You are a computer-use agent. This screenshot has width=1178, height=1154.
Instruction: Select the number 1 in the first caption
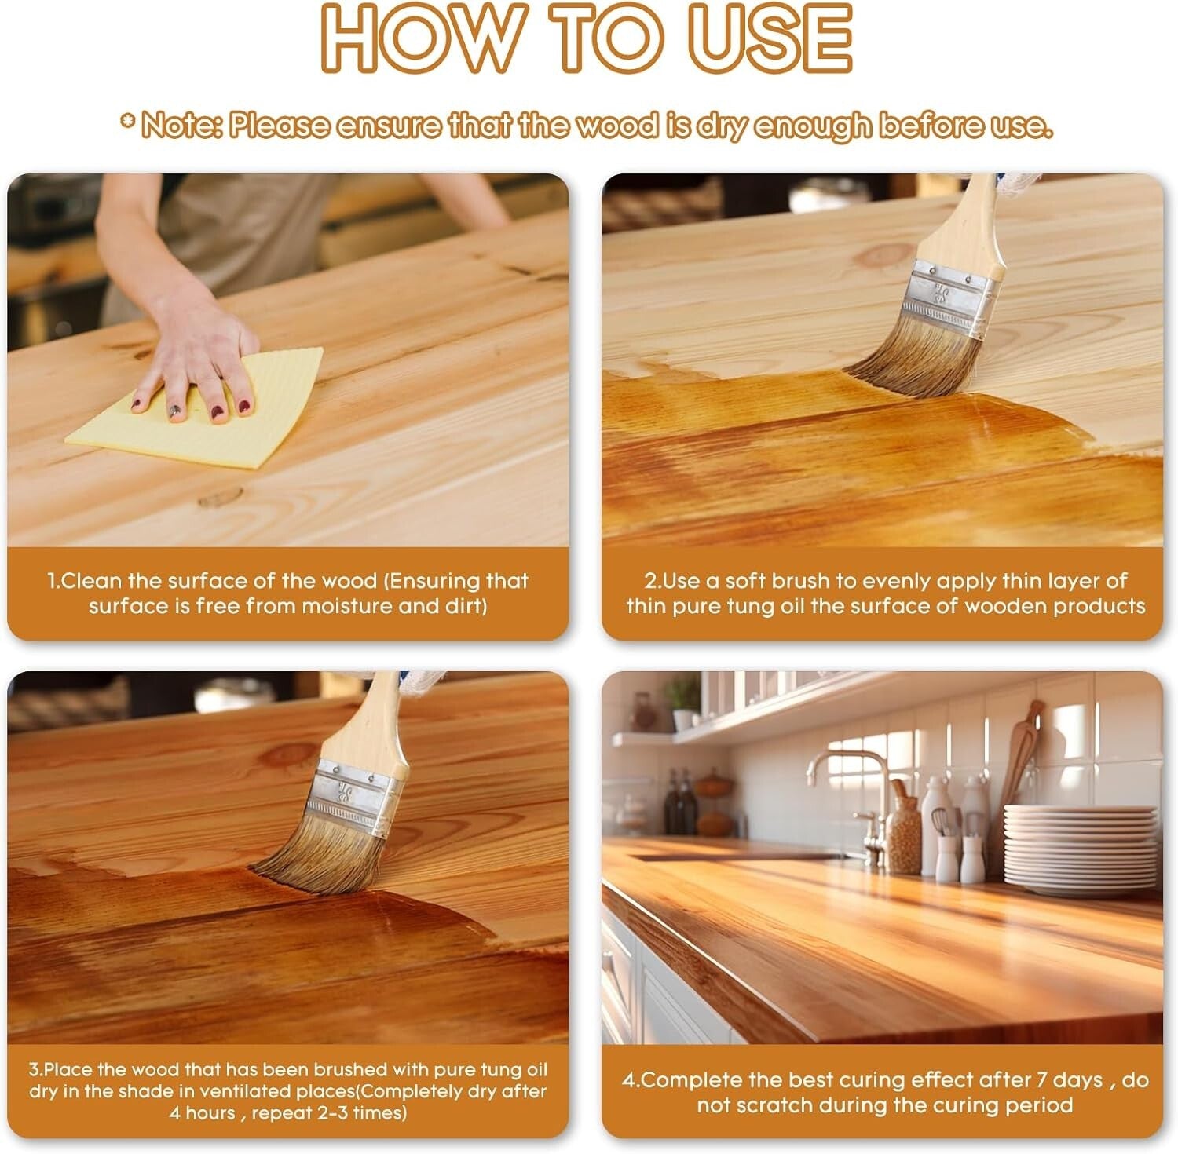tap(52, 581)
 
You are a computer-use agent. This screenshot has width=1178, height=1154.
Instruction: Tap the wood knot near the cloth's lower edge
tap(220, 496)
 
